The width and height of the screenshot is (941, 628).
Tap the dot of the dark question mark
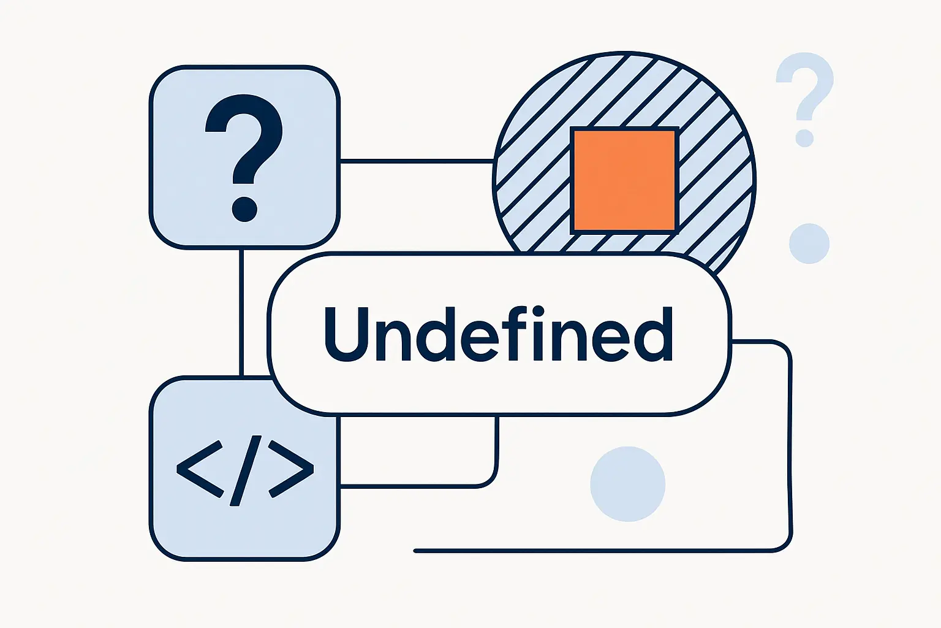click(244, 209)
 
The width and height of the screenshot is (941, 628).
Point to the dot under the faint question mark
click(804, 139)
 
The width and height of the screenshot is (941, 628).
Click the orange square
click(624, 180)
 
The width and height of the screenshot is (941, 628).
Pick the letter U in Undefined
click(346, 334)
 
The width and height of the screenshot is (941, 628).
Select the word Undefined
click(498, 334)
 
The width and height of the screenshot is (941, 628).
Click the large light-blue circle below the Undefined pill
click(627, 484)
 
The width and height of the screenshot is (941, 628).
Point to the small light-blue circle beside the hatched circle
click(809, 243)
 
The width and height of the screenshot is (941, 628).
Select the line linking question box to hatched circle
click(417, 161)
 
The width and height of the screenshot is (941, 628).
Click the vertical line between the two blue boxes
click(241, 312)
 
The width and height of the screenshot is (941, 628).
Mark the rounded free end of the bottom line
click(416, 551)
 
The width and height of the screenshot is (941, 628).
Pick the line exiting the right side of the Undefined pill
click(790, 446)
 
